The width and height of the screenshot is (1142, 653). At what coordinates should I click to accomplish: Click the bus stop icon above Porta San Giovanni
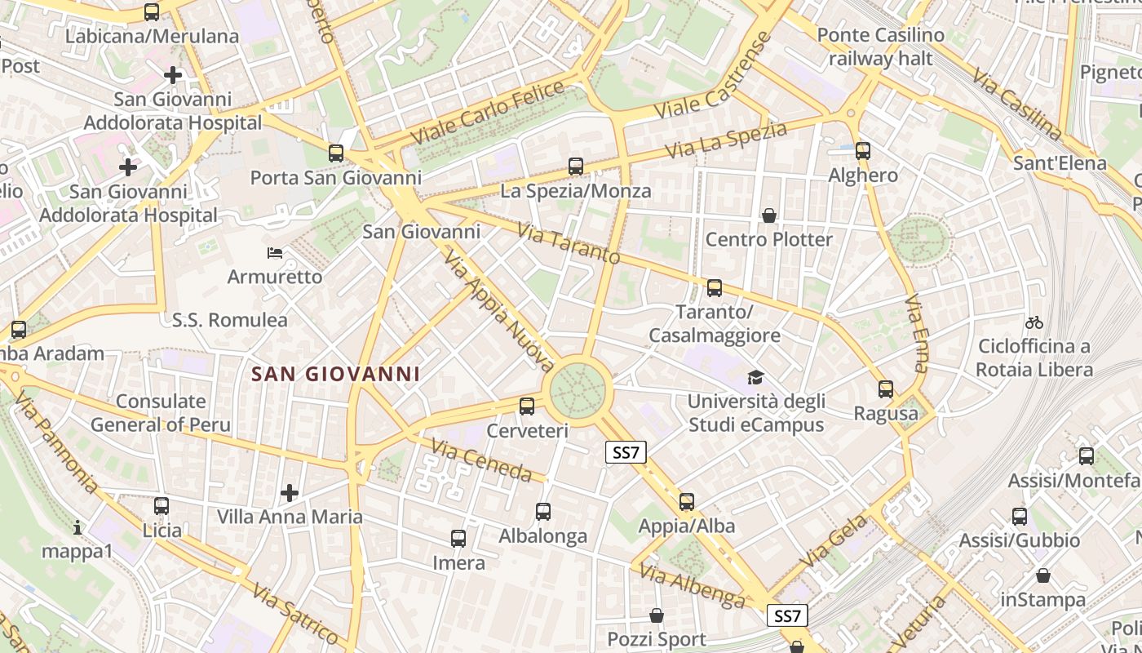pyautogui.click(x=335, y=153)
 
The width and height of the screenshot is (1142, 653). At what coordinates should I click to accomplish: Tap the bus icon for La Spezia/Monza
pyautogui.click(x=576, y=167)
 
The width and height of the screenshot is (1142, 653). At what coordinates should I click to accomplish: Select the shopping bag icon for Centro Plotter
pyautogui.click(x=768, y=215)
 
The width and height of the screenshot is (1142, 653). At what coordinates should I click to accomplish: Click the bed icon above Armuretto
pyautogui.click(x=275, y=253)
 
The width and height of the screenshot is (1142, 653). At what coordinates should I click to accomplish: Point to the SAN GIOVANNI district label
pyautogui.click(x=335, y=374)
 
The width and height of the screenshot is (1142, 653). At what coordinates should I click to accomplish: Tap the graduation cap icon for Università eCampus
pyautogui.click(x=756, y=377)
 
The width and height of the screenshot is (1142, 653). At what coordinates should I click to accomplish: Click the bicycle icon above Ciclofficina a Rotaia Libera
pyautogui.click(x=1034, y=322)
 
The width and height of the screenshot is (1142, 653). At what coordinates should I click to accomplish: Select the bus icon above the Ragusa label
pyautogui.click(x=886, y=389)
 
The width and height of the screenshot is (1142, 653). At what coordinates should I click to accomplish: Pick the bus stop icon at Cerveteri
pyautogui.click(x=527, y=406)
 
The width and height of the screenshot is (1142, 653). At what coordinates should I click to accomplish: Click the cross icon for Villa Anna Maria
pyautogui.click(x=290, y=492)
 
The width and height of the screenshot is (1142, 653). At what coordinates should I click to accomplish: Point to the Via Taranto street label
pyautogui.click(x=569, y=243)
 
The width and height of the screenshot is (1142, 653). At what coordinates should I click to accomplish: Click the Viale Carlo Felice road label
pyautogui.click(x=489, y=113)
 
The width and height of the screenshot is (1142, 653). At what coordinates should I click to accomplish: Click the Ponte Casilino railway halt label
pyautogui.click(x=880, y=47)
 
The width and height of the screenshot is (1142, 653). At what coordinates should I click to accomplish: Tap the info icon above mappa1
pyautogui.click(x=77, y=527)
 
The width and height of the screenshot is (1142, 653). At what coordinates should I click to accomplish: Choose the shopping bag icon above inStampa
pyautogui.click(x=1042, y=575)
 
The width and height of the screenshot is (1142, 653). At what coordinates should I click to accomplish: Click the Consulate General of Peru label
pyautogui.click(x=161, y=413)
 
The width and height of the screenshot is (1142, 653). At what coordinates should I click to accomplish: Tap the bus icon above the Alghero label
pyautogui.click(x=863, y=151)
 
